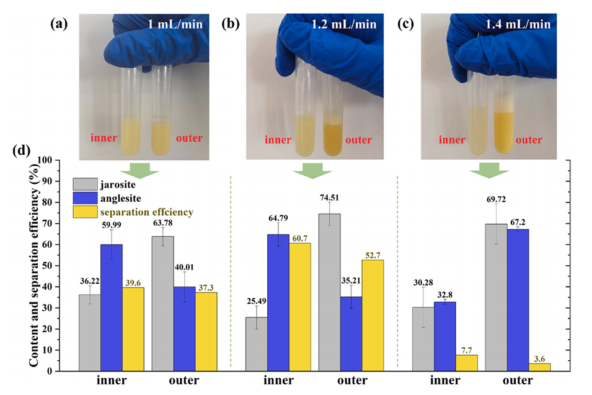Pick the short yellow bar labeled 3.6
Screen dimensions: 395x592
541,367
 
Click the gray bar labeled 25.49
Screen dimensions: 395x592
257,344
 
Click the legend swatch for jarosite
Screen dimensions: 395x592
86,184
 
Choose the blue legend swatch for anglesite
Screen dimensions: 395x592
86,198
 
